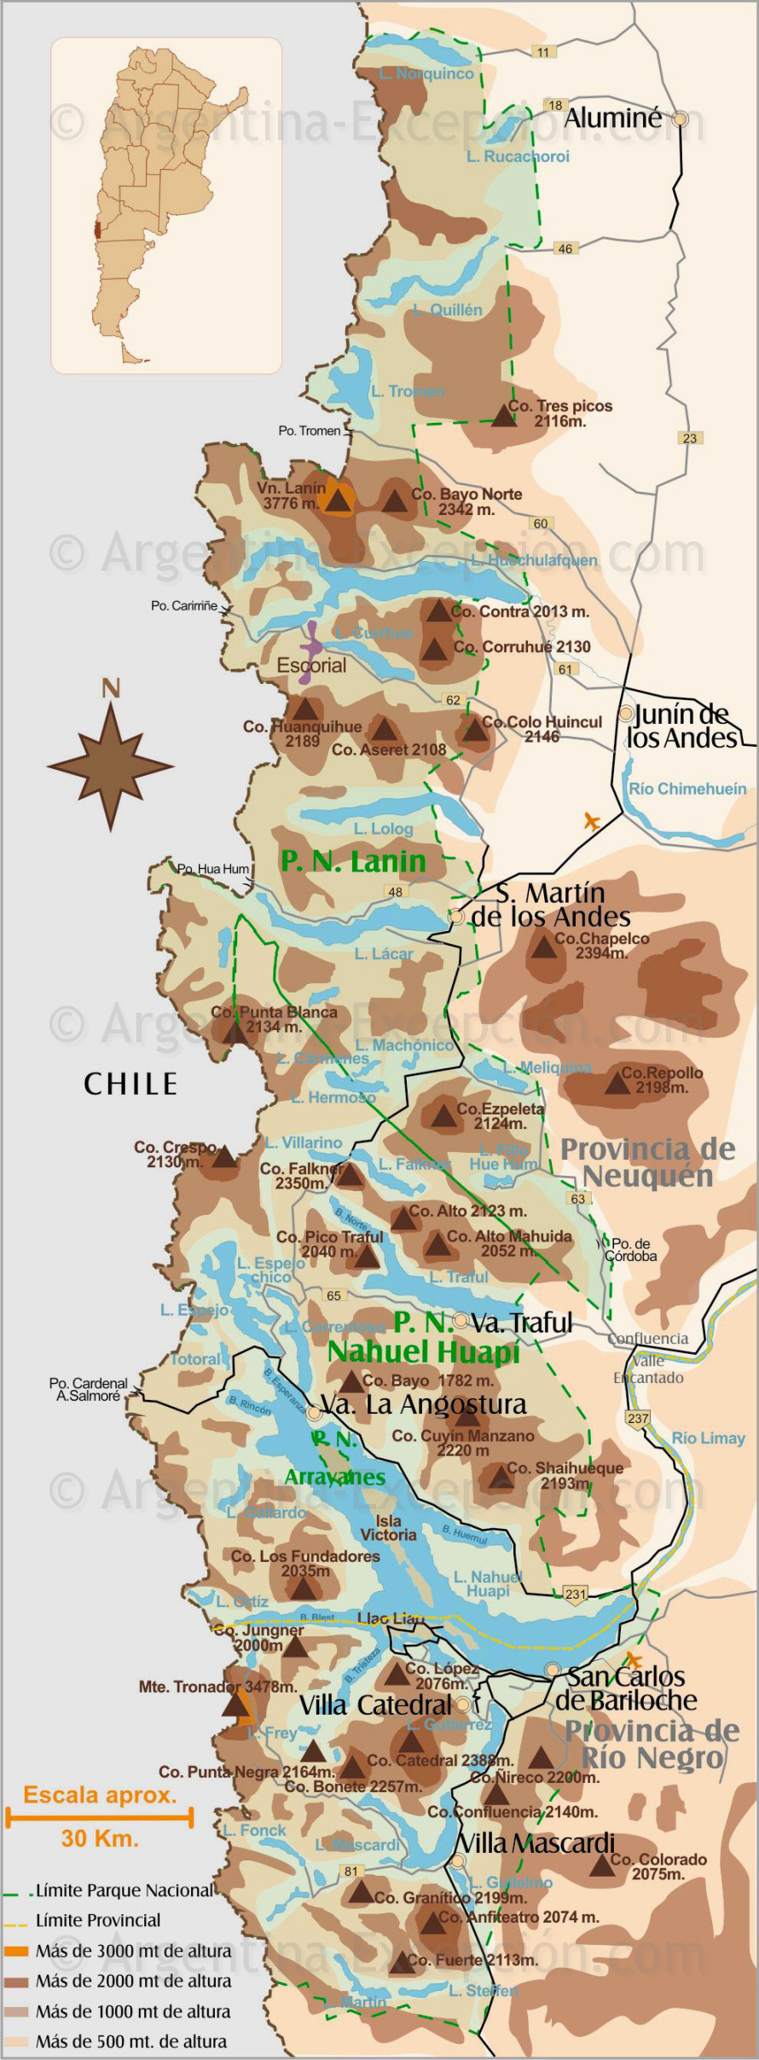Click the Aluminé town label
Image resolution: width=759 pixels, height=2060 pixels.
(612, 119)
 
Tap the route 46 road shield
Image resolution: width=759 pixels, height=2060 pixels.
(565, 248)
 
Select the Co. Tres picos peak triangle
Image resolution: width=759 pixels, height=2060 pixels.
(503, 416)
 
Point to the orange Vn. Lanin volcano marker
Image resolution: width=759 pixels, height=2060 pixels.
(339, 501)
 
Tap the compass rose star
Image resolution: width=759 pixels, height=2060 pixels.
(111, 765)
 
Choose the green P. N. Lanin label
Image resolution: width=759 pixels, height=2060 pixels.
(353, 861)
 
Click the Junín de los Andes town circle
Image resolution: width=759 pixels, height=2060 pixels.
(627, 713)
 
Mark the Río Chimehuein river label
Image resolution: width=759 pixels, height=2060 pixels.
(687, 789)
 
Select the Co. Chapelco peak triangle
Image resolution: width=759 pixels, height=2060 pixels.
(544, 946)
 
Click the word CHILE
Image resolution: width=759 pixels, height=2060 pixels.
(130, 1084)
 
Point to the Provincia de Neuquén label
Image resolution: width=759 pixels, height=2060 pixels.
(647, 1162)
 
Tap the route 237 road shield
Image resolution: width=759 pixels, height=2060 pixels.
(638, 1418)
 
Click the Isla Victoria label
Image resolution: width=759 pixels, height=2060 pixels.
(388, 1528)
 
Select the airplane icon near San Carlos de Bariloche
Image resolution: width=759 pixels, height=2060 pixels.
(633, 1660)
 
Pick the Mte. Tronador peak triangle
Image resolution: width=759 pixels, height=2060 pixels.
(235, 1704)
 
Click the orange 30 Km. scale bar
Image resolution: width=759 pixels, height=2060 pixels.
(99, 1817)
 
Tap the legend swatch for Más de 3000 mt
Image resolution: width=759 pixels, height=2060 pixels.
(16, 1951)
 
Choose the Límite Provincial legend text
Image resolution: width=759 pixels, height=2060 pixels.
(98, 1920)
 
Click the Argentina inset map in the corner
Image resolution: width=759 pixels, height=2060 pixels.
(166, 205)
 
